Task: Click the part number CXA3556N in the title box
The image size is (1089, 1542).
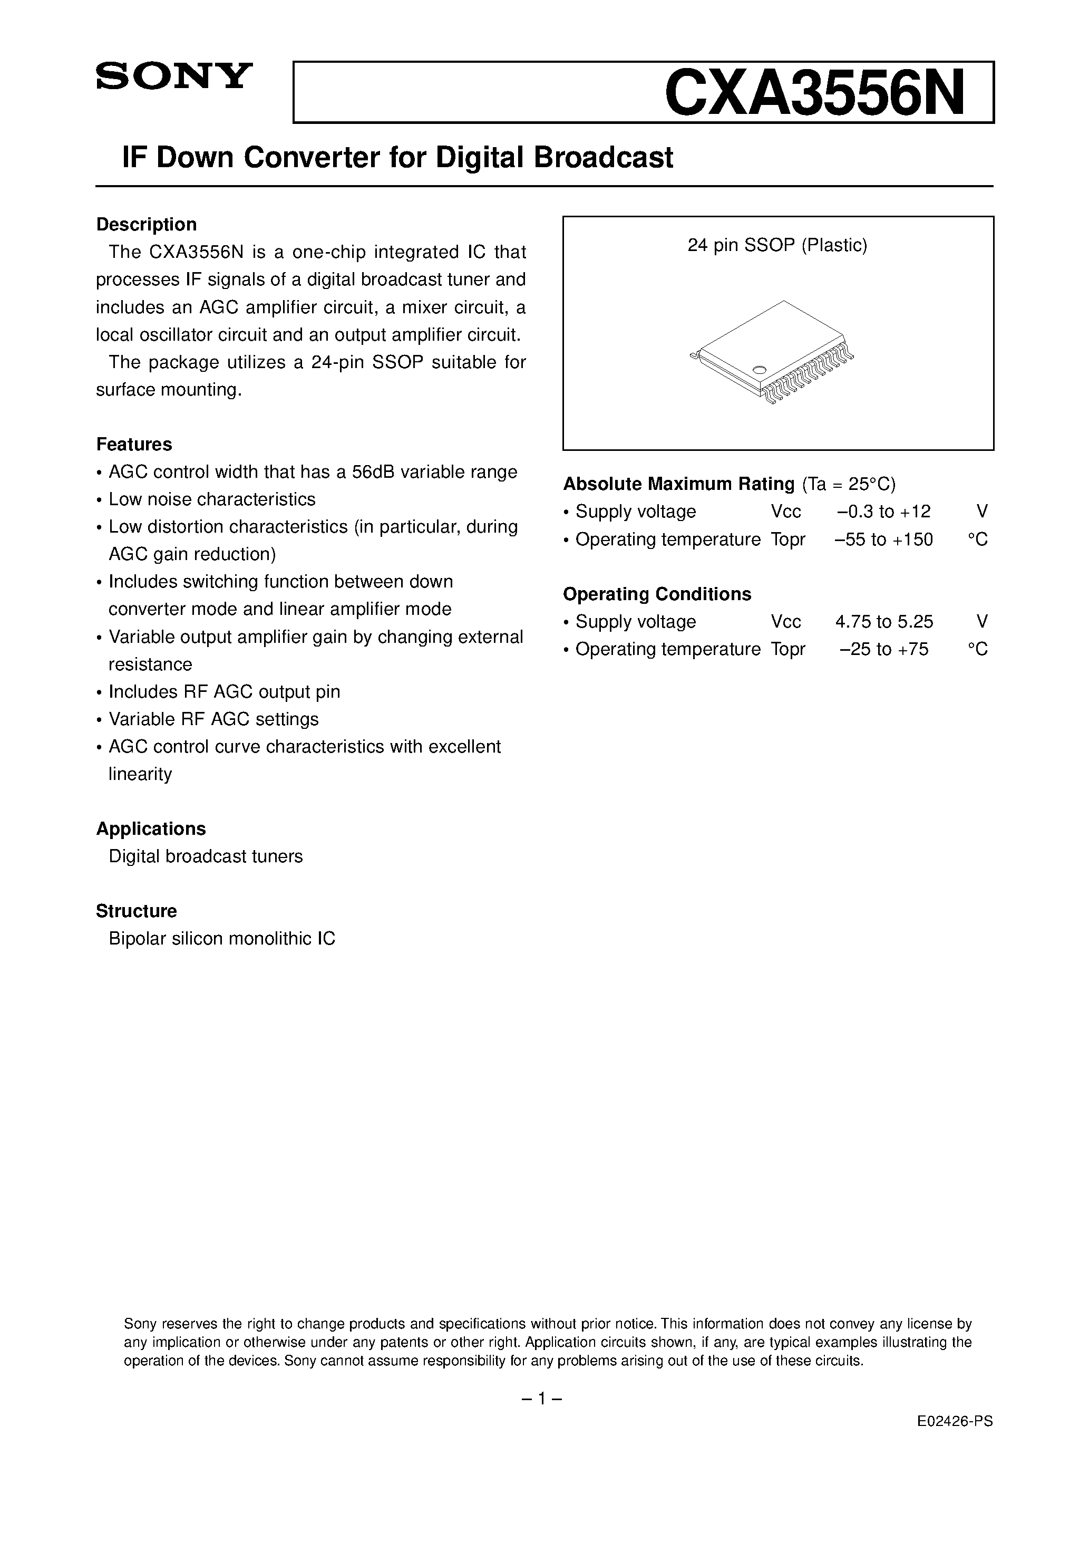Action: click(x=814, y=94)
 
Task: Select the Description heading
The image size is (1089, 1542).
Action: click(x=147, y=224)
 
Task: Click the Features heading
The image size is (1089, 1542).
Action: click(x=134, y=444)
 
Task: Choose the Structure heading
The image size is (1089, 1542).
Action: click(x=137, y=911)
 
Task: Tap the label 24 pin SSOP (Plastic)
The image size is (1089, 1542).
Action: click(x=777, y=245)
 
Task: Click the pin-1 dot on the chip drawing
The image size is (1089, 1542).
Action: click(x=760, y=369)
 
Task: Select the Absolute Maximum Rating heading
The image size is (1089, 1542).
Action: click(x=678, y=484)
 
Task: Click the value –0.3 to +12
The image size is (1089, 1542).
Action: click(x=883, y=511)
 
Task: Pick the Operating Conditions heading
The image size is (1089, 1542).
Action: click(x=657, y=594)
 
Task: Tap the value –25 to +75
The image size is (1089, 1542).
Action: click(x=883, y=649)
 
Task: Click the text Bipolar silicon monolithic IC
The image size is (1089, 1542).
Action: click(x=221, y=938)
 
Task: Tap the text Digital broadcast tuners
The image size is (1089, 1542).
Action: click(x=206, y=856)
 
